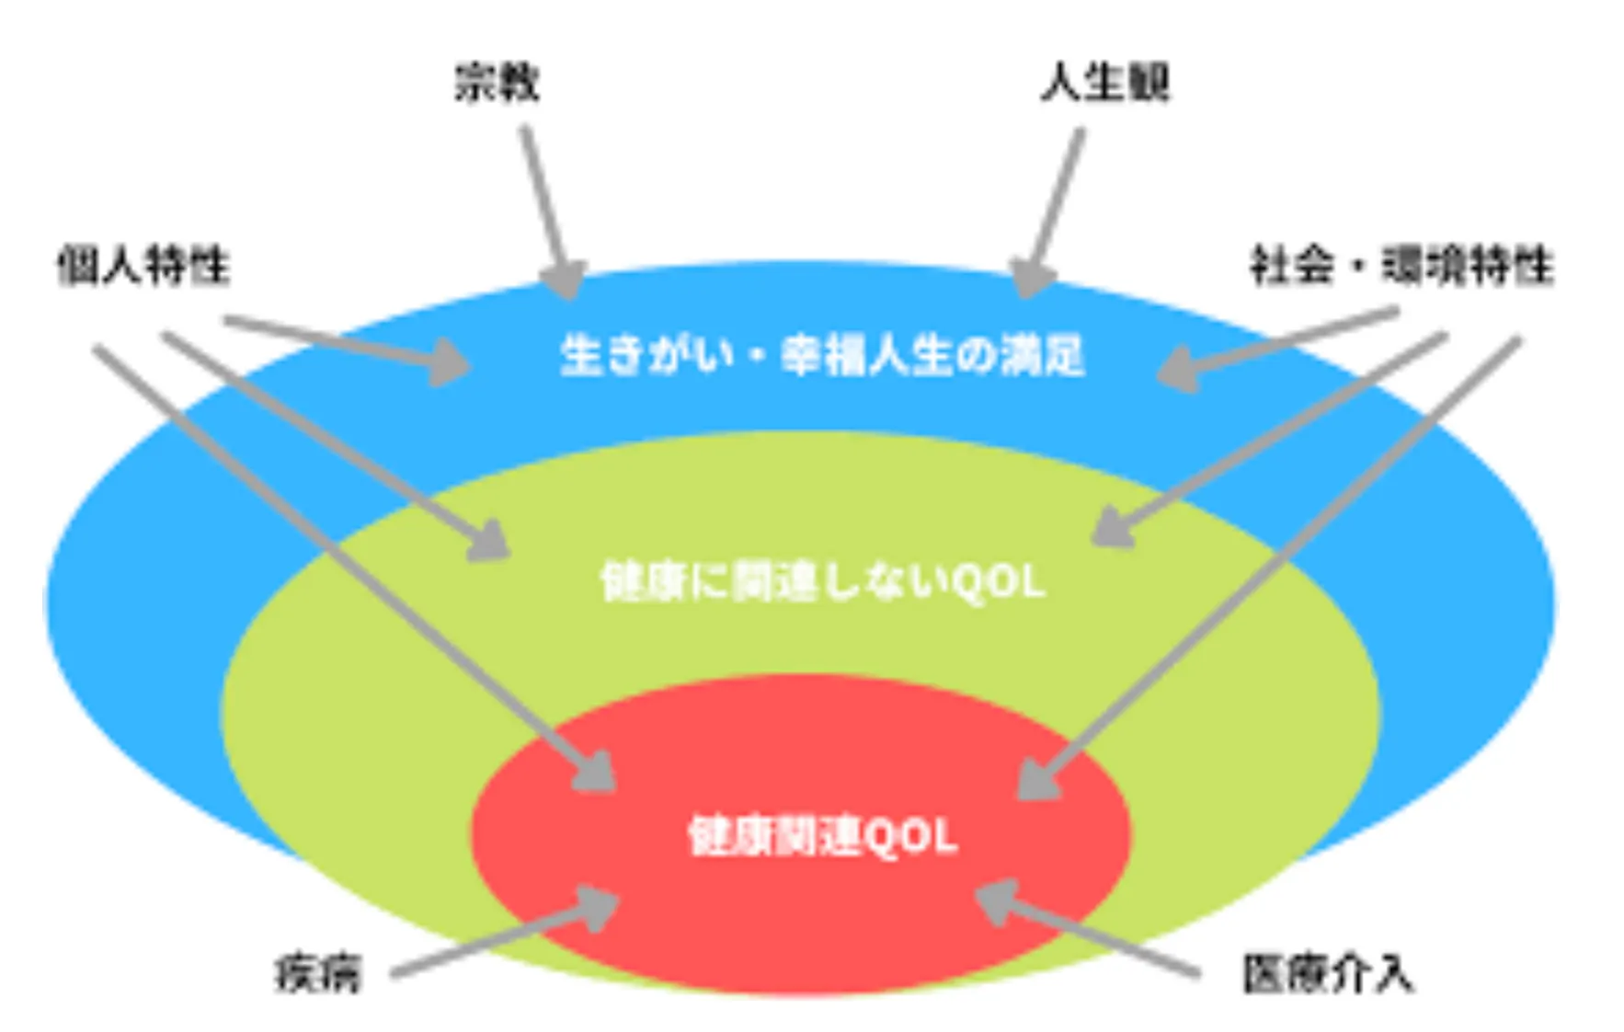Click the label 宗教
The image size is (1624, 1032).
click(x=497, y=83)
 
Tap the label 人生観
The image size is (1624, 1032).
click(x=1104, y=83)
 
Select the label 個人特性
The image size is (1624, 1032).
click(x=143, y=266)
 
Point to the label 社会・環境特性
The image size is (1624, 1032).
click(x=1401, y=266)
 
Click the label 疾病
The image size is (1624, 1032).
click(x=318, y=974)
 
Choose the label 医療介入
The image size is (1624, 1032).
click(x=1327, y=974)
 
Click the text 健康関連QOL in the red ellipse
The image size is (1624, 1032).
click(x=822, y=837)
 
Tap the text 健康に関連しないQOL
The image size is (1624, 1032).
click(x=822, y=582)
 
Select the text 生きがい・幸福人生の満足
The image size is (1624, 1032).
click(x=822, y=356)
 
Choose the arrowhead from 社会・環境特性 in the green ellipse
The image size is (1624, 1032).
click(x=1111, y=531)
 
